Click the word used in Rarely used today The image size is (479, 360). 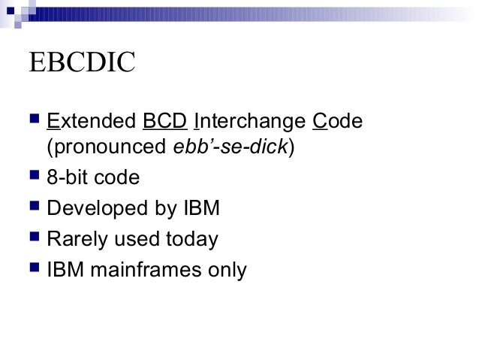click(x=133, y=240)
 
